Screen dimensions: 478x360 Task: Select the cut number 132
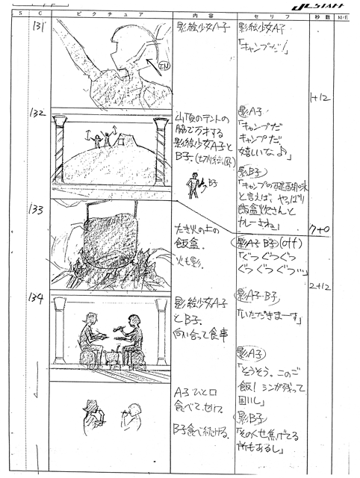[38, 114]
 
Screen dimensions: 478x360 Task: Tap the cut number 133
[37, 210]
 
